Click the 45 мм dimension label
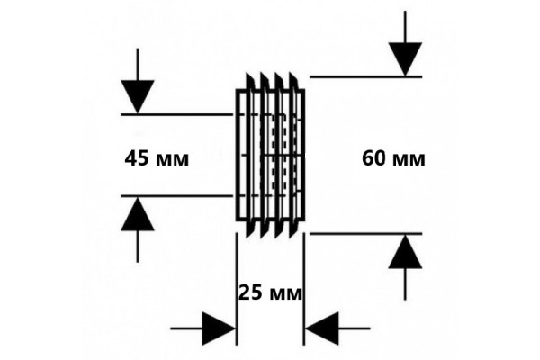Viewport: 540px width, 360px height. (x=157, y=158)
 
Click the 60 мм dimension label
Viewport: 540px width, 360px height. (x=393, y=158)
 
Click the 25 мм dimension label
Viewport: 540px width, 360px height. (x=270, y=293)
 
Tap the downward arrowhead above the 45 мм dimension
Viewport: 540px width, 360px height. (x=138, y=96)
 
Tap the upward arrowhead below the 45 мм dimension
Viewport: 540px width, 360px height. (x=138, y=213)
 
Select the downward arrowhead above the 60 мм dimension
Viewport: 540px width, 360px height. (x=405, y=59)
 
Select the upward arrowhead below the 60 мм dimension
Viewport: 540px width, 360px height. (x=405, y=251)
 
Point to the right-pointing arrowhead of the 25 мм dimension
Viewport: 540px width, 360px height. (x=219, y=328)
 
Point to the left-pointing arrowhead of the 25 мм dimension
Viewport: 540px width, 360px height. (x=322, y=328)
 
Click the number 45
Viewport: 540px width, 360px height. (x=138, y=158)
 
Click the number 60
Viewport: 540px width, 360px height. (x=374, y=158)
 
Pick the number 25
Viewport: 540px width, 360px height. (x=251, y=293)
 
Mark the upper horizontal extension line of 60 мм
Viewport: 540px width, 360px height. (x=365, y=76)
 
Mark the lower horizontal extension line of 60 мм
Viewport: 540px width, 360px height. (x=365, y=234)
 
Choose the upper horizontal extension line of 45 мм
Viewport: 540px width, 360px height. (x=177, y=114)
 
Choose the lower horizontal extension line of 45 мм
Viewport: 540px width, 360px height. (x=177, y=196)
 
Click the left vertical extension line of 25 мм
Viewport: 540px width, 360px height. (x=237, y=289)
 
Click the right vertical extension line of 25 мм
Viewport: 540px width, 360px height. (x=304, y=289)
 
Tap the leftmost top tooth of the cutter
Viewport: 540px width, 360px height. (x=249, y=81)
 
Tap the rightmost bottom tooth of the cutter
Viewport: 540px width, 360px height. (x=293, y=229)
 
